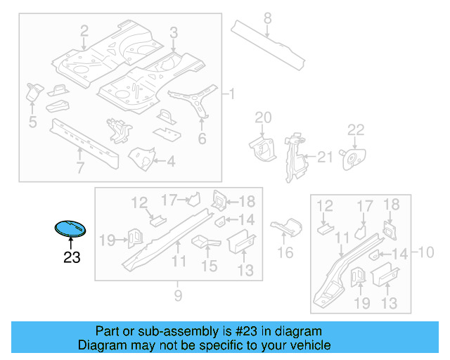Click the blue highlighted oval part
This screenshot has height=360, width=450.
(70, 229)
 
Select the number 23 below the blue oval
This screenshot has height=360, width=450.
(72, 258)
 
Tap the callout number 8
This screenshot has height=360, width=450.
(267, 18)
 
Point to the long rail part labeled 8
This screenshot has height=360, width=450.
(271, 46)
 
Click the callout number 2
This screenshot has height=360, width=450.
(84, 31)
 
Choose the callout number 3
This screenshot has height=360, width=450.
(174, 33)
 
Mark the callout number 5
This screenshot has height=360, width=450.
(32, 123)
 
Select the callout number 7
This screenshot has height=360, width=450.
(79, 167)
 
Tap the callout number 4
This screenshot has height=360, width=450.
(171, 161)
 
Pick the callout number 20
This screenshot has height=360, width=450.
(262, 117)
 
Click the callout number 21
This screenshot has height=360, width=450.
(324, 157)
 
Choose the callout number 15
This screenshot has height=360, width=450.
(210, 266)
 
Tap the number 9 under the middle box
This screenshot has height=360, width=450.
(178, 296)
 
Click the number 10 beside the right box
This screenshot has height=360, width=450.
(426, 252)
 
